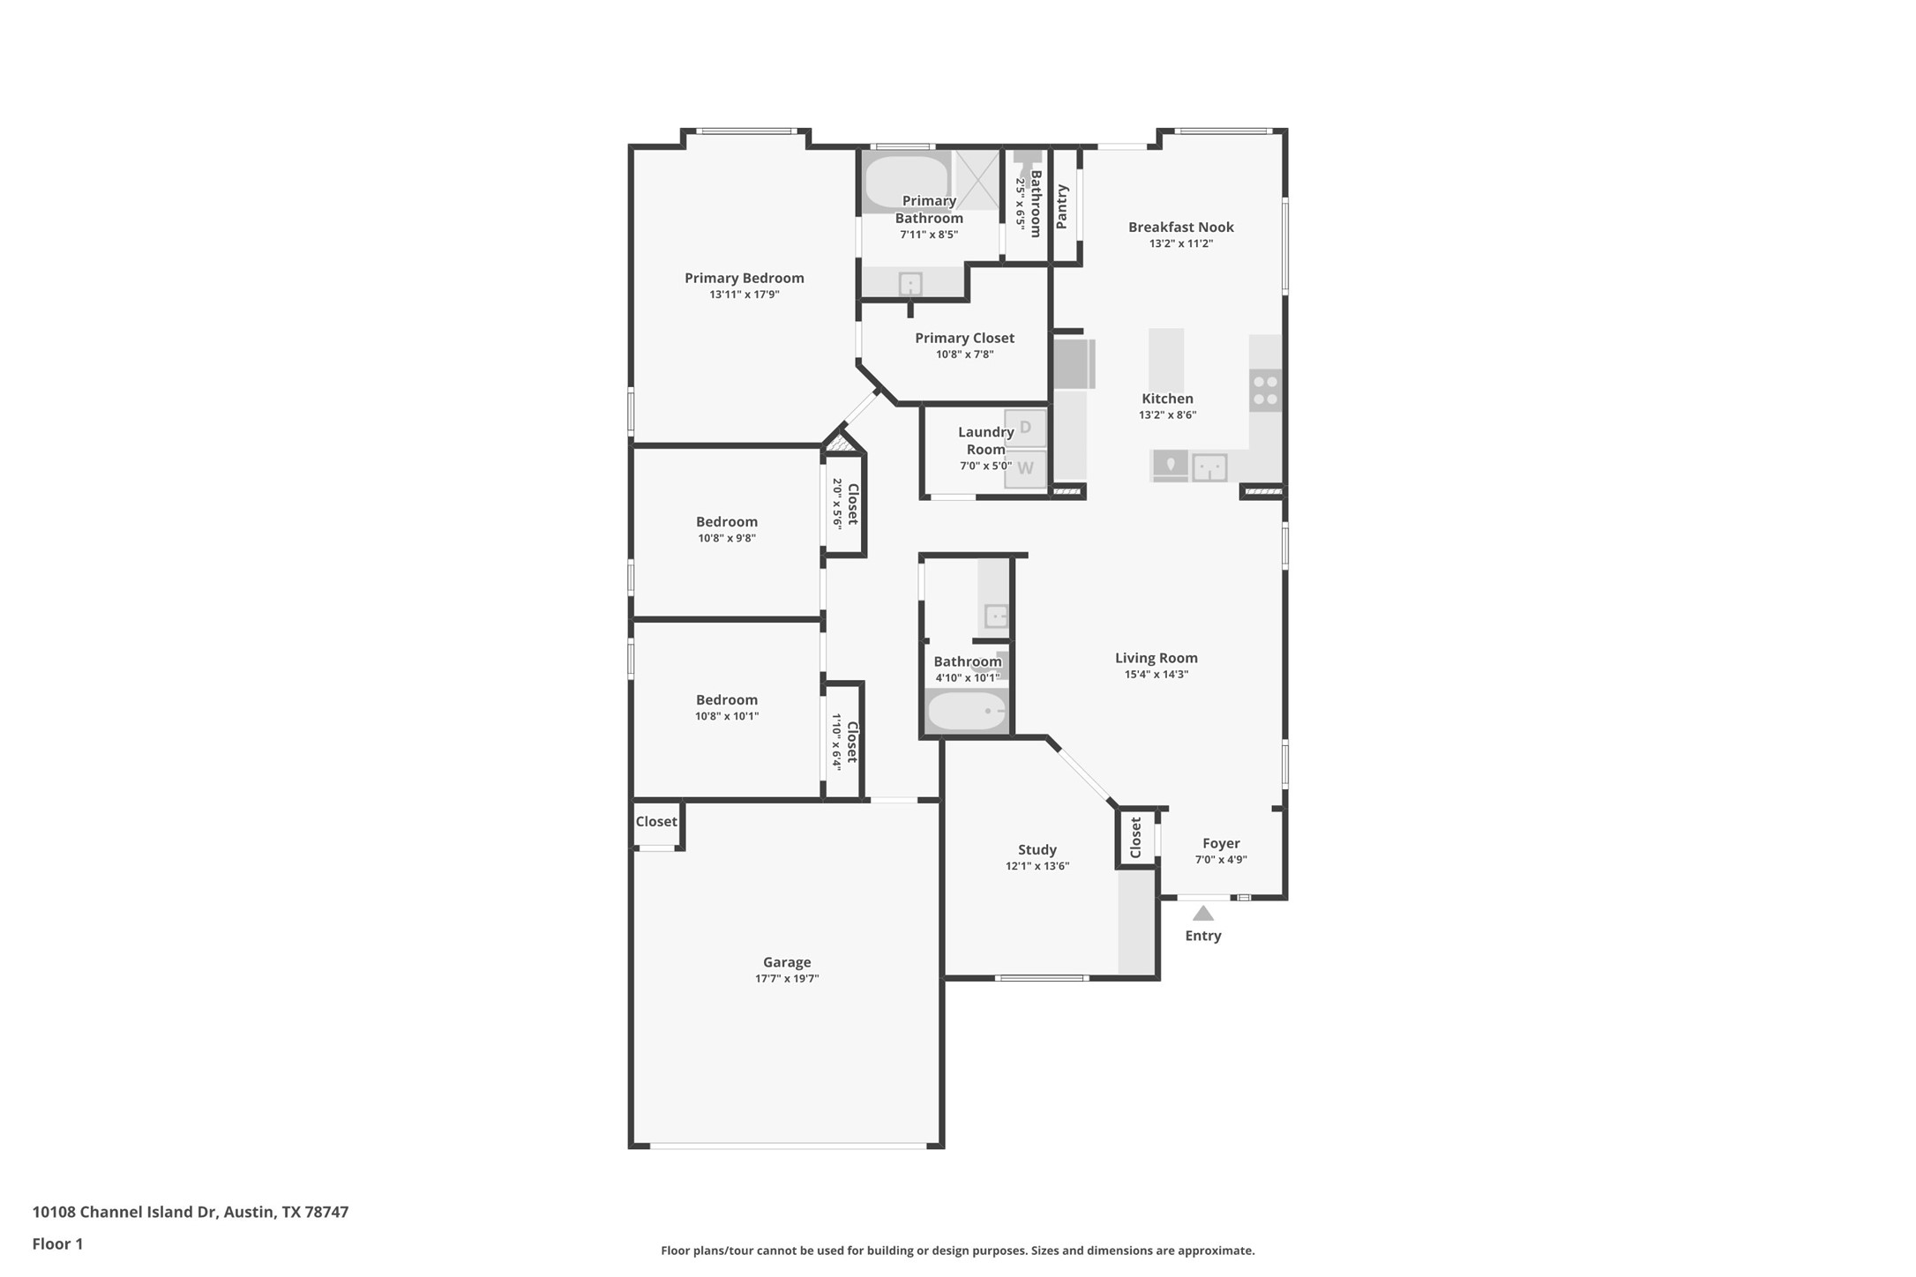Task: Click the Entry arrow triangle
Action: tap(1202, 914)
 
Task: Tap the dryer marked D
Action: tap(1025, 428)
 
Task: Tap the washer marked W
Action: tap(1025, 468)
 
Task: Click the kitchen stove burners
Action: tap(1265, 391)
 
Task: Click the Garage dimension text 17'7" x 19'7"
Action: tap(787, 978)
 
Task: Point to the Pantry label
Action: tap(1062, 206)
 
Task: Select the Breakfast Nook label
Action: tap(1180, 227)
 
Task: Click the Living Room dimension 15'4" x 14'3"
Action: tap(1156, 674)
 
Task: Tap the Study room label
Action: tap(1037, 849)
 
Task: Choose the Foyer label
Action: tap(1221, 843)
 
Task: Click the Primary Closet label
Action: tap(964, 338)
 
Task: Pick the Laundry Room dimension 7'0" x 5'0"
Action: tap(985, 466)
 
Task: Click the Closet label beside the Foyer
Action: tap(1136, 837)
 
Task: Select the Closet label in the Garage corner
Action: tap(656, 821)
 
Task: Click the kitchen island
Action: tap(1165, 360)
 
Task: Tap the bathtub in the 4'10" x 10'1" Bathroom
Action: tap(967, 711)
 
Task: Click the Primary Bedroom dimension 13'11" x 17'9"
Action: tap(744, 295)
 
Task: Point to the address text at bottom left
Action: tap(191, 1212)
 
